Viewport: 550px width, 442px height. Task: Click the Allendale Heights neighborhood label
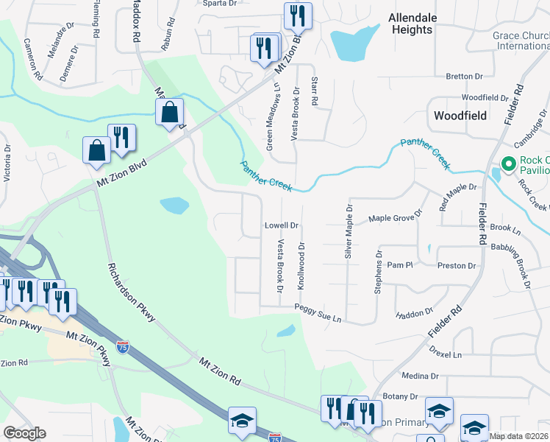412,24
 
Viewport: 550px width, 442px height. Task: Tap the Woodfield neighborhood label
460,116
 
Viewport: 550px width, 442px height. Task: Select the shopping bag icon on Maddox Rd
169,113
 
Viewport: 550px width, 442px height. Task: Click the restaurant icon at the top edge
298,15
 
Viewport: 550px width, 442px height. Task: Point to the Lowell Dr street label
282,225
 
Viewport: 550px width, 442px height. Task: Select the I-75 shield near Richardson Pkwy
123,345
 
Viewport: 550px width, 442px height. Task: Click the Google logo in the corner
24,433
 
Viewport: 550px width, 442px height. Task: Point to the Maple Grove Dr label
396,218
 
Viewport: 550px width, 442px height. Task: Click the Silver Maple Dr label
348,232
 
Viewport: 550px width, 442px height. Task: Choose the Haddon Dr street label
414,313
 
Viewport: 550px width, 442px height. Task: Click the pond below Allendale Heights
354,43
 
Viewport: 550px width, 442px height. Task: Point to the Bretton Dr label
464,76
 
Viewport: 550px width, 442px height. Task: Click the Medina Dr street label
421,376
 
